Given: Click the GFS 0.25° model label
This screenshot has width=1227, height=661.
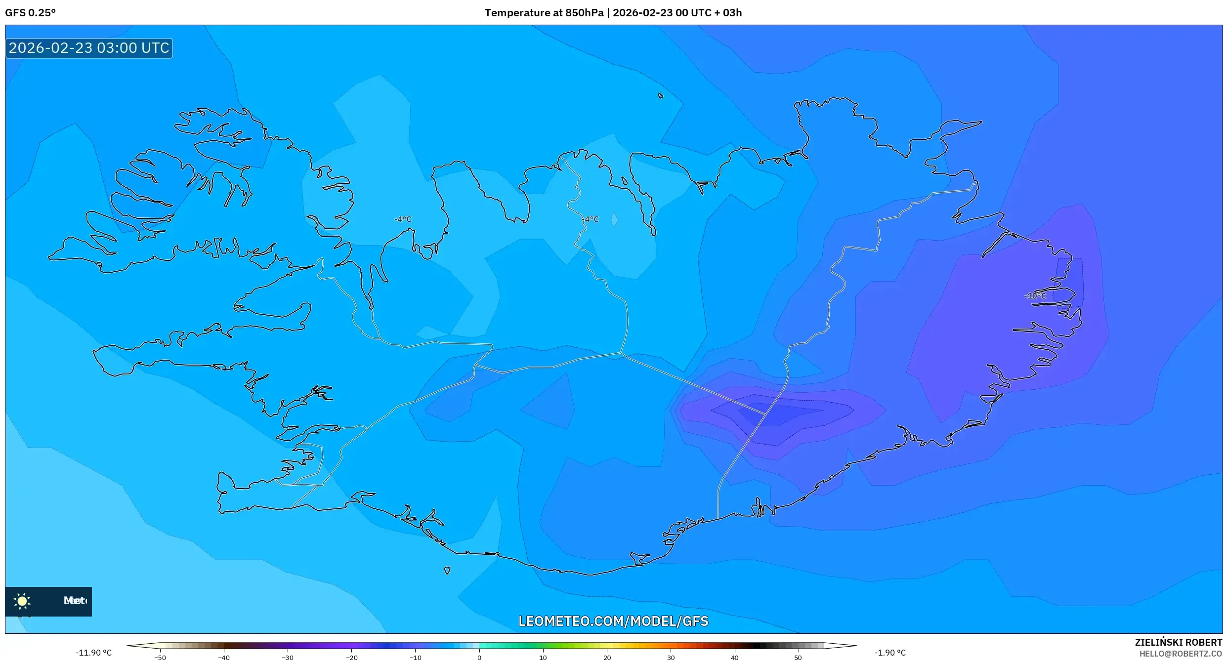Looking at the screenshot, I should click(x=30, y=13).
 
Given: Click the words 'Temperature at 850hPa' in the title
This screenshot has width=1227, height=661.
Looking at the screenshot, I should click(x=544, y=13).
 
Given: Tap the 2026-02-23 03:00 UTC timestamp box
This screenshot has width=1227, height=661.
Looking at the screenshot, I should click(x=89, y=48).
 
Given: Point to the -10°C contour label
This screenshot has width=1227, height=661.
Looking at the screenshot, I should click(x=1035, y=296).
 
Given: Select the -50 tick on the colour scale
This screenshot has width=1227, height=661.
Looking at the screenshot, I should click(x=160, y=657).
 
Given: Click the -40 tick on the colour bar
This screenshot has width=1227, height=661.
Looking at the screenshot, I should click(x=224, y=657).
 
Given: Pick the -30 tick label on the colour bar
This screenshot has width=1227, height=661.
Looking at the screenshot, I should click(x=288, y=657).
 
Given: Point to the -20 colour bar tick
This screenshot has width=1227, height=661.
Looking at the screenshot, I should click(x=351, y=657).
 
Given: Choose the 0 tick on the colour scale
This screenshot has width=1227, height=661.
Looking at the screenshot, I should click(x=479, y=657).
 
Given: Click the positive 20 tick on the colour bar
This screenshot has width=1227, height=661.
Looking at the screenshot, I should click(x=607, y=657).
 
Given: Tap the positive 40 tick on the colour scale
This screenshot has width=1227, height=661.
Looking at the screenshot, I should click(x=734, y=657).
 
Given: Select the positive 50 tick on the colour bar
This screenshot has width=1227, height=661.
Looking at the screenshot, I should click(x=798, y=657).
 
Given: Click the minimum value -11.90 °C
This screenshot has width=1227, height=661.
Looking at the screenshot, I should click(x=94, y=653).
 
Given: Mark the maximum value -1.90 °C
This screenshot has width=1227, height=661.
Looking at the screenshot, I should click(x=890, y=653).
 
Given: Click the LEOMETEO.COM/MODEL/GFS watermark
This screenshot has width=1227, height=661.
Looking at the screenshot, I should click(x=613, y=621).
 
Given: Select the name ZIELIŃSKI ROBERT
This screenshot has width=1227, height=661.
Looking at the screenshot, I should click(x=1178, y=642).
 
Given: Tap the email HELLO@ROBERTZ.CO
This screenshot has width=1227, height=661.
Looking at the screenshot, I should click(x=1181, y=654).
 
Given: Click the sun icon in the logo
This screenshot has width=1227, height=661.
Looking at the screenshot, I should click(x=22, y=601).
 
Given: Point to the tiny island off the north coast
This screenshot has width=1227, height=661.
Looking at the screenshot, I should click(x=661, y=96).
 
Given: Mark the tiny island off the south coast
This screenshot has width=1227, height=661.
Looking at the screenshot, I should click(x=447, y=571).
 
